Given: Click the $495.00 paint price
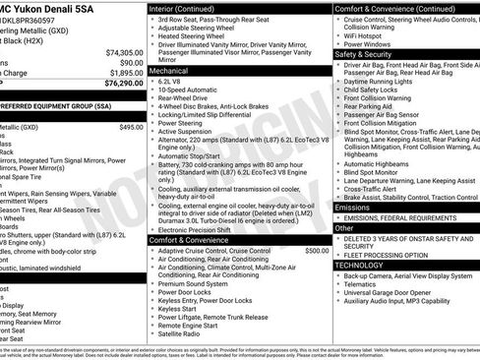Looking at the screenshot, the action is (131, 127).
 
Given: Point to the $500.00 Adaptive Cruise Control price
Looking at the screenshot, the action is (317, 251).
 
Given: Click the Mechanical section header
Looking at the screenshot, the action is (170, 71).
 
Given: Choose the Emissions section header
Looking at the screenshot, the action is (353, 208).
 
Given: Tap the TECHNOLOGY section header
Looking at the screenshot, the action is (359, 265).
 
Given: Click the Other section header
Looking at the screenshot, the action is (343, 227).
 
